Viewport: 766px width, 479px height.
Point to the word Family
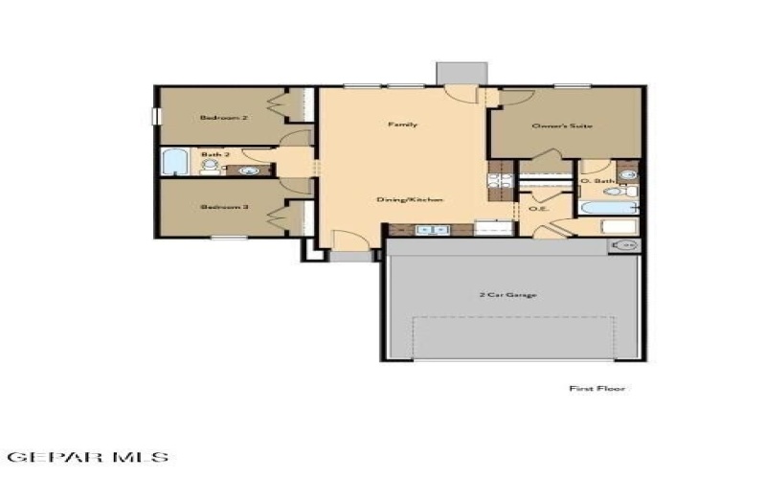click(x=402, y=125)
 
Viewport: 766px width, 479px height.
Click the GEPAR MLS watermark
click(x=86, y=457)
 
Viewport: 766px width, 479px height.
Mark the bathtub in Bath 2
click(x=176, y=163)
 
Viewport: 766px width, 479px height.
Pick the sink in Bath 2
click(x=249, y=171)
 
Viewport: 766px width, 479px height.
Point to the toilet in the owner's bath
click(x=614, y=191)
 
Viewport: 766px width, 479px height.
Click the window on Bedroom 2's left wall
click(x=159, y=116)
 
